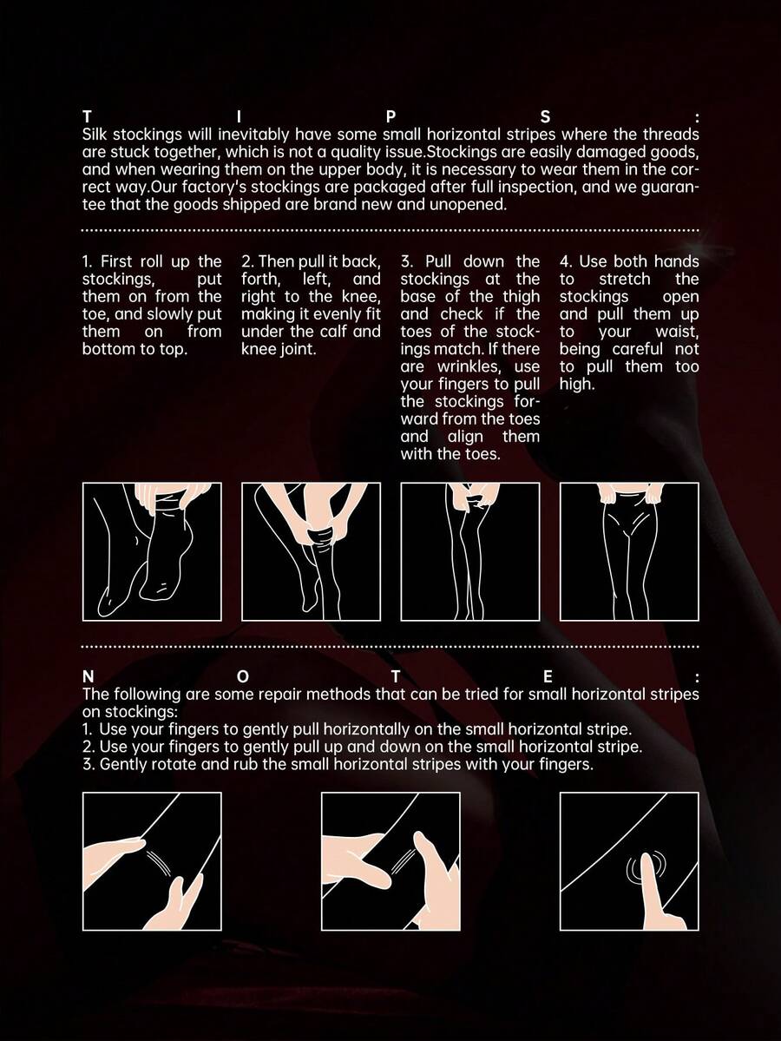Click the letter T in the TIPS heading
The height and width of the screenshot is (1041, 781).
pos(87,117)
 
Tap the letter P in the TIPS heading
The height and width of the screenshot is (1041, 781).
pos(390,117)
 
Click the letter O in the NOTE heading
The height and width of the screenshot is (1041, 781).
pos(243,676)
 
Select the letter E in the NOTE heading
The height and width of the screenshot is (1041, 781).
pos(548,676)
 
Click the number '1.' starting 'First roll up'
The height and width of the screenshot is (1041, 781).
pos(89,261)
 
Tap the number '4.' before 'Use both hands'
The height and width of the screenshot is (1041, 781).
pos(567,261)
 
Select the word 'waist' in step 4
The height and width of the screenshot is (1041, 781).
pos(677,332)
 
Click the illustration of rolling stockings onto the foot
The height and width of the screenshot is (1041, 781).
pos(152,551)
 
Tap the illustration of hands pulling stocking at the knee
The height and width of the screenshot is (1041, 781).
pos(312,551)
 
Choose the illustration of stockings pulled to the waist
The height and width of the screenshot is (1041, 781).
pos(629,551)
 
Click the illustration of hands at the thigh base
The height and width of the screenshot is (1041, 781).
pos(470,551)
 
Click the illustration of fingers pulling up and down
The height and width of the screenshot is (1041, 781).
pos(390,861)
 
